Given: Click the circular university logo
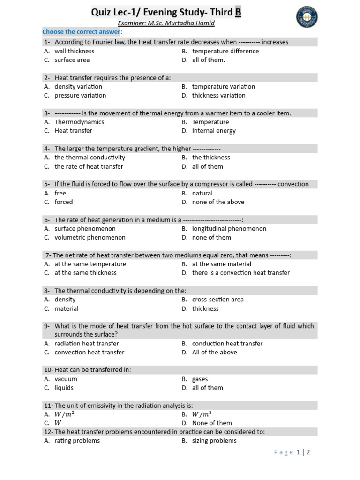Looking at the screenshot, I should coord(307,17).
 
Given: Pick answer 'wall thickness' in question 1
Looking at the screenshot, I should coord(74,51).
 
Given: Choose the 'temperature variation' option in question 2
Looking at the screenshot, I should coord(224,87).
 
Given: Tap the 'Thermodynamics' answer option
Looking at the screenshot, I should coord(79,122).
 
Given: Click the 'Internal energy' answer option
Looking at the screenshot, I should coord(214,131).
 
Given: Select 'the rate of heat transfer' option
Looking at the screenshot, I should coord(89,166).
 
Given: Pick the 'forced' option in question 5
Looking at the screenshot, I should coord(64,202).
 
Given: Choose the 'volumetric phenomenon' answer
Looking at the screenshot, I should coord(90,238).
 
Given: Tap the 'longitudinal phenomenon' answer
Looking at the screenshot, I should coord(229,229).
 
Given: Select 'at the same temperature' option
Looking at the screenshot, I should coord(90,264).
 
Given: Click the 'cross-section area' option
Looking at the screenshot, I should coord(218,300).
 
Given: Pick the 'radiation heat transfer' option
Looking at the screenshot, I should coord(87,344).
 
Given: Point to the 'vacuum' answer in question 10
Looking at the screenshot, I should coord(66,379).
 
